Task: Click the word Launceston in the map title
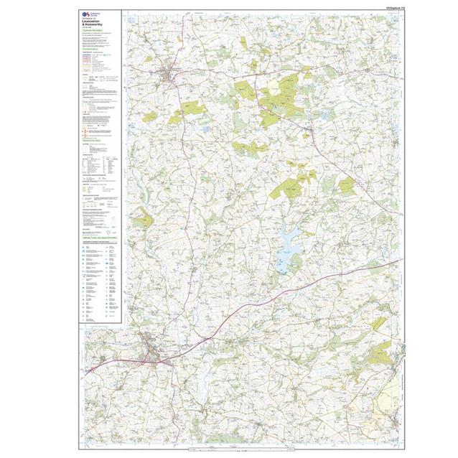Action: [x=93, y=22]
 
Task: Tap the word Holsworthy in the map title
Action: [x=95, y=26]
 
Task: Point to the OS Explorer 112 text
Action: [x=385, y=8]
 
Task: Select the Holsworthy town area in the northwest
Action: [x=170, y=73]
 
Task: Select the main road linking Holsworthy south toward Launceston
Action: [x=184, y=179]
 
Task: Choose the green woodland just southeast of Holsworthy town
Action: [x=188, y=110]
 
